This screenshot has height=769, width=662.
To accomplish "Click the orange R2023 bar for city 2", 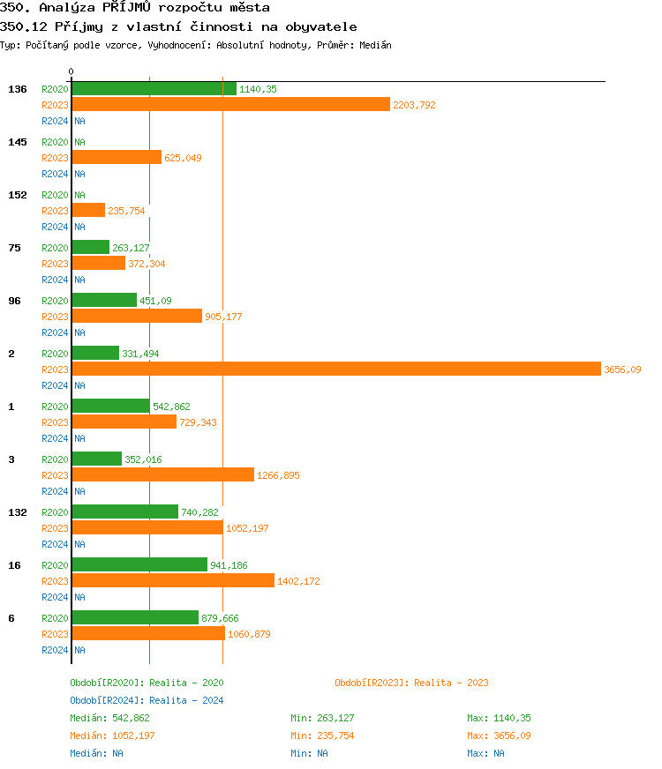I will tap(335, 370).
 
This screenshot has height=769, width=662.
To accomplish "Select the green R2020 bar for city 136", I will tap(154, 89).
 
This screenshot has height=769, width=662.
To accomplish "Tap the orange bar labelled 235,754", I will tap(88, 211).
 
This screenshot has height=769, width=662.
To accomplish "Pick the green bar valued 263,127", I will tap(90, 248).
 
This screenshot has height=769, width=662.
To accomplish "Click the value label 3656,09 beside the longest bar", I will tap(622, 370).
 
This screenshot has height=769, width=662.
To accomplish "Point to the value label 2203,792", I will tap(414, 105).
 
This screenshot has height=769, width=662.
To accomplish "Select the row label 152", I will tap(18, 195).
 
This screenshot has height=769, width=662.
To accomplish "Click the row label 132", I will tap(18, 512).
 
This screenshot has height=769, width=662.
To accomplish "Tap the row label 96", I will tap(14, 301).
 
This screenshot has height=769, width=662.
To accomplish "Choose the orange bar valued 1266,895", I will tap(162, 475).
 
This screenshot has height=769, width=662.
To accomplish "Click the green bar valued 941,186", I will tap(139, 565).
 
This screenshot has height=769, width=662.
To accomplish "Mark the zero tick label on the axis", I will tap(71, 72).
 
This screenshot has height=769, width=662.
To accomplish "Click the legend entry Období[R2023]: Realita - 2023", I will tap(411, 683).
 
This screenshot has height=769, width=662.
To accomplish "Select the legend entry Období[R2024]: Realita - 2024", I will tap(147, 700).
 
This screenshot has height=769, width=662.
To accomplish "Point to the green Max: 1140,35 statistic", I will tap(499, 718).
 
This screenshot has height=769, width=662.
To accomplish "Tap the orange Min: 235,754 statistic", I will tap(322, 735).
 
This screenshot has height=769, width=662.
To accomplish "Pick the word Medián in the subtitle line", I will tap(374, 45).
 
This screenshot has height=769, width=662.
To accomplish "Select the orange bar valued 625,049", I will tap(117, 158).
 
